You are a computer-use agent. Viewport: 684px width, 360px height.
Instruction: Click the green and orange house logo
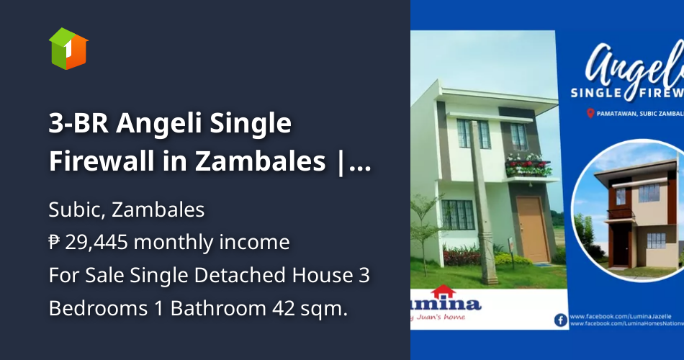point(68,48)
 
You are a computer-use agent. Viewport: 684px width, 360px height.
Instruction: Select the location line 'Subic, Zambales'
point(127,210)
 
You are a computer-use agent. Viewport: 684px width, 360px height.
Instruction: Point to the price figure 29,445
point(96,243)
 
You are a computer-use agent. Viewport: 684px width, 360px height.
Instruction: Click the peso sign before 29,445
point(55,243)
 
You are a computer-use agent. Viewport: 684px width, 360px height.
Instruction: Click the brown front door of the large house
point(533,229)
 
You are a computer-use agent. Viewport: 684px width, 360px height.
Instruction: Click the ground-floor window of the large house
point(459,215)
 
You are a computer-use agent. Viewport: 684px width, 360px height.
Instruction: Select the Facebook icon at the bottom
point(561,320)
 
